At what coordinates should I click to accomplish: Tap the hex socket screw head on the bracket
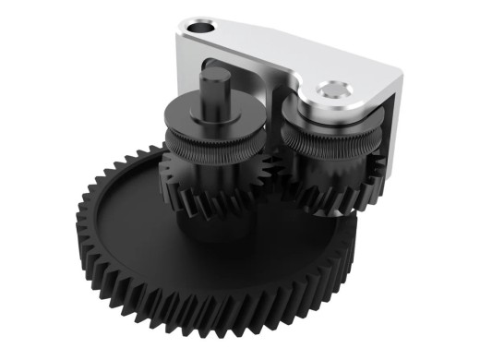pos(334,90)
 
